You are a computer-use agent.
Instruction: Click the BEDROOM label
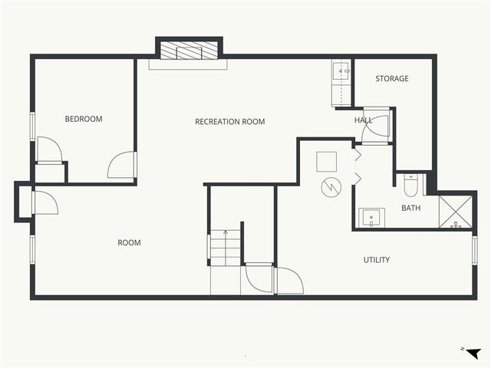(x=83, y=119)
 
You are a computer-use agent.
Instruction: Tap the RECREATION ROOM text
(x=229, y=122)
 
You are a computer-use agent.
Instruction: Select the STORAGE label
(x=391, y=78)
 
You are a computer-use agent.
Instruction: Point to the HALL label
(x=363, y=120)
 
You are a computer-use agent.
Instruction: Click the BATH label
(x=410, y=208)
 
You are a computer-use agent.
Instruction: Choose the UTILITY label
(x=376, y=260)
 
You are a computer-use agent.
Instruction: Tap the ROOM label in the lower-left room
(x=129, y=243)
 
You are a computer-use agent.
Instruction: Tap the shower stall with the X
(x=456, y=212)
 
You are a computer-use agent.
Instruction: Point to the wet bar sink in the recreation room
(x=340, y=72)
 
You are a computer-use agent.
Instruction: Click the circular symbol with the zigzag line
(x=330, y=186)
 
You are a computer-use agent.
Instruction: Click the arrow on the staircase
(x=226, y=234)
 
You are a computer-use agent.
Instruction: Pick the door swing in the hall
(x=376, y=128)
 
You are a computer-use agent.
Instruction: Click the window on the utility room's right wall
(x=475, y=250)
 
